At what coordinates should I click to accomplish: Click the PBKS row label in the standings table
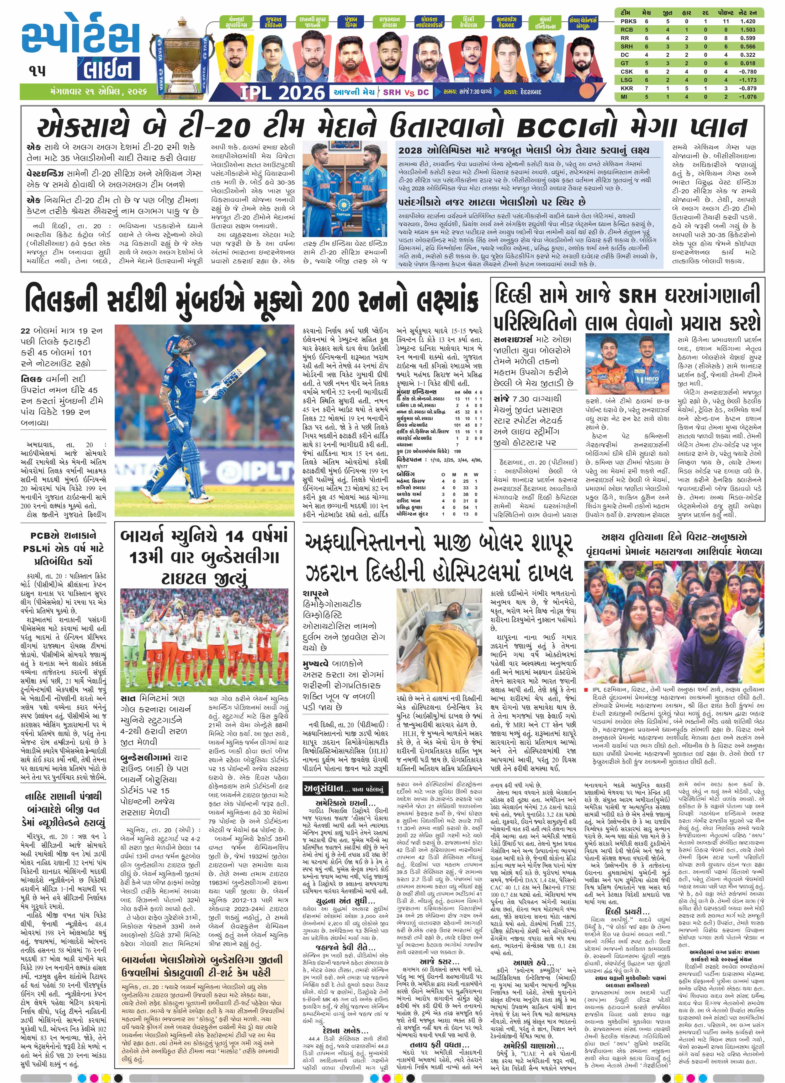(x=625, y=21)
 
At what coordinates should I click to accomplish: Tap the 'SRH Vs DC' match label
(x=406, y=92)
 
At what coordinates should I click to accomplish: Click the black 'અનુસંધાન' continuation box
(x=343, y=789)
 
